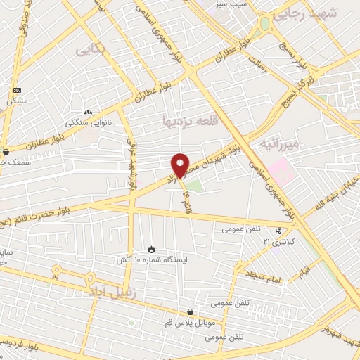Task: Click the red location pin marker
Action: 181,165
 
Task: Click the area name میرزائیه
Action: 279,144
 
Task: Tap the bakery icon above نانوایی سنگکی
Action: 88,112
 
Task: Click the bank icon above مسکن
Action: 17,91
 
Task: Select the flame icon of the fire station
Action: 151,249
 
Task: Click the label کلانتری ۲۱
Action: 276,241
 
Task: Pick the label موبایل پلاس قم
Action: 192,323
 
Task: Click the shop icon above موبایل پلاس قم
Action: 190,312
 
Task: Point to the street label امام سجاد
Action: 264,279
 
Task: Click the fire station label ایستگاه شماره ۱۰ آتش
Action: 151,259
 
